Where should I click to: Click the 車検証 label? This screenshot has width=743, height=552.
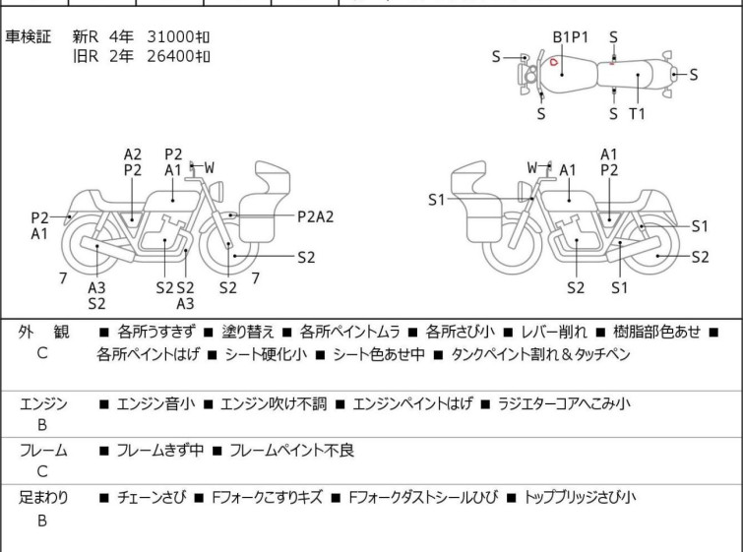[x=29, y=36]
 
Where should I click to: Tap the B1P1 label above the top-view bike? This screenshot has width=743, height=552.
[x=570, y=36]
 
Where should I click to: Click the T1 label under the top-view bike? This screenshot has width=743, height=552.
[x=638, y=113]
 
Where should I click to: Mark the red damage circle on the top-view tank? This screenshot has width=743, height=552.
[x=554, y=64]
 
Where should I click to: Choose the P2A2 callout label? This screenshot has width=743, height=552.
[x=316, y=216]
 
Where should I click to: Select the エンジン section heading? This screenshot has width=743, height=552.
[x=42, y=403]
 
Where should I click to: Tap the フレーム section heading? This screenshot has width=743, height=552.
[x=42, y=451]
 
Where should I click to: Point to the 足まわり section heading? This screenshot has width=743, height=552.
[x=42, y=498]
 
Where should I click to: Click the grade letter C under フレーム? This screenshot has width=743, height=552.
[x=42, y=472]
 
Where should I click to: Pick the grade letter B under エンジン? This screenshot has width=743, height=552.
[x=42, y=425]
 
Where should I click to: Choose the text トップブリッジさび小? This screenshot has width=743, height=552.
[x=580, y=498]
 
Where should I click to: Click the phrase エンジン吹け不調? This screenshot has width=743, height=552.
[x=271, y=403]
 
